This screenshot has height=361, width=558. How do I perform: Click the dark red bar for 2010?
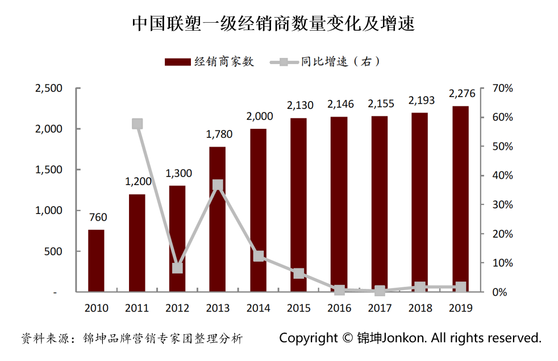click(x=96, y=261)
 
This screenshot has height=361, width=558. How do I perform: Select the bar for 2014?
click(x=258, y=210)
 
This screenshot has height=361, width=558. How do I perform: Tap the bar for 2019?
click(x=460, y=199)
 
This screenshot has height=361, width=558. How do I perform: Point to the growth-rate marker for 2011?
click(x=137, y=124)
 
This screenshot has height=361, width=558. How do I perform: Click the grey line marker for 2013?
click(x=218, y=184)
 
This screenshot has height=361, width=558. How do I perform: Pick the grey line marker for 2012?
click(x=177, y=268)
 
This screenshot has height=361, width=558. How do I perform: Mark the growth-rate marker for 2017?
click(x=380, y=291)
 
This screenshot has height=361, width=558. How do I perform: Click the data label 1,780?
click(x=218, y=135)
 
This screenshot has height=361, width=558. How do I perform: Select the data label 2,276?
click(x=460, y=94)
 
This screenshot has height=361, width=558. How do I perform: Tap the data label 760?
click(x=97, y=217)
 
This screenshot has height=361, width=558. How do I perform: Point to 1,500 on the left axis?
click(x=49, y=170)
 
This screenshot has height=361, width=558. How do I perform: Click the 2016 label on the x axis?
click(x=339, y=308)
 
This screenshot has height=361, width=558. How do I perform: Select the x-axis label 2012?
click(x=177, y=308)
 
